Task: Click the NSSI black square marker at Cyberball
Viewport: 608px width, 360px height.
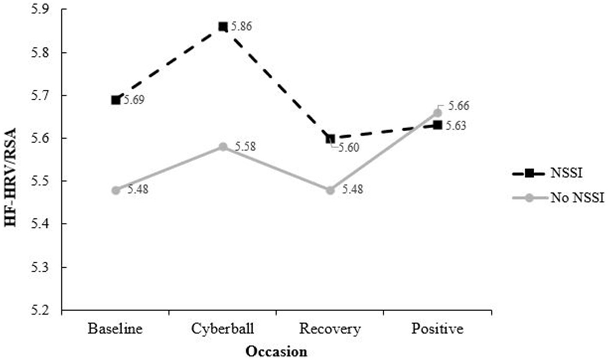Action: coord(223,27)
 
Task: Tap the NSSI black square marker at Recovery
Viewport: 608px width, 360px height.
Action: coord(330,139)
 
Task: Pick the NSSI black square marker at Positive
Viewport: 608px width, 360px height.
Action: coord(437,125)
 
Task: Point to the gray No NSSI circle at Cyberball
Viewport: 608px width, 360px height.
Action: coord(223,147)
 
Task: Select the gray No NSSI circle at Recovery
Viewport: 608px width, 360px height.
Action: coord(330,190)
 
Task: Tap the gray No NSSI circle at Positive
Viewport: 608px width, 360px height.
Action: coord(437,113)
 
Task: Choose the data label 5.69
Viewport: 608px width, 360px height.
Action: coord(134,101)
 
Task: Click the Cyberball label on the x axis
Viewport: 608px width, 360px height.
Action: coord(223,330)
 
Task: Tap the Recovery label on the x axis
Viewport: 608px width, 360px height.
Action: coord(330,330)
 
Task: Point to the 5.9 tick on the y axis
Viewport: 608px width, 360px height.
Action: coord(41,9)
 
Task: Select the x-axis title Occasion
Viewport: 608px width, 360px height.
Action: coord(276,351)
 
